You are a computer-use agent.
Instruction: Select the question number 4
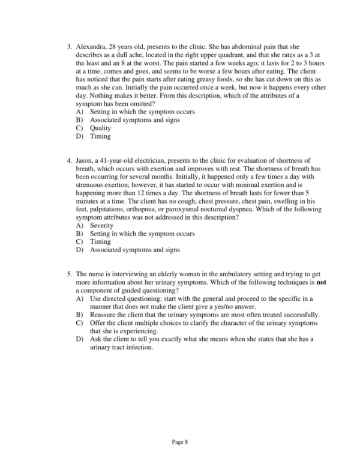69,161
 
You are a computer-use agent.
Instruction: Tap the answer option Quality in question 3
100,128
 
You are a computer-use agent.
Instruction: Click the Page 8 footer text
180,441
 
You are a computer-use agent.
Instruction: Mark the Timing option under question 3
100,136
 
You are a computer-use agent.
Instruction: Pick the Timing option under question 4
100,242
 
